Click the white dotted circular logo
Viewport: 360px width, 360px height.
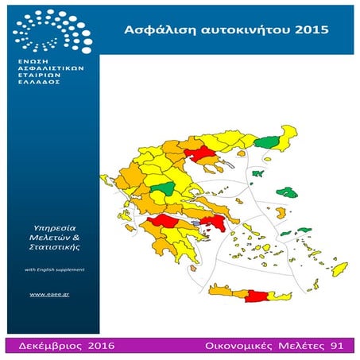click(49, 33)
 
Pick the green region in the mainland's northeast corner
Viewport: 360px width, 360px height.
click(270, 144)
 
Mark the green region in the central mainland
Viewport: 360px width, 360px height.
click(165, 189)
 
